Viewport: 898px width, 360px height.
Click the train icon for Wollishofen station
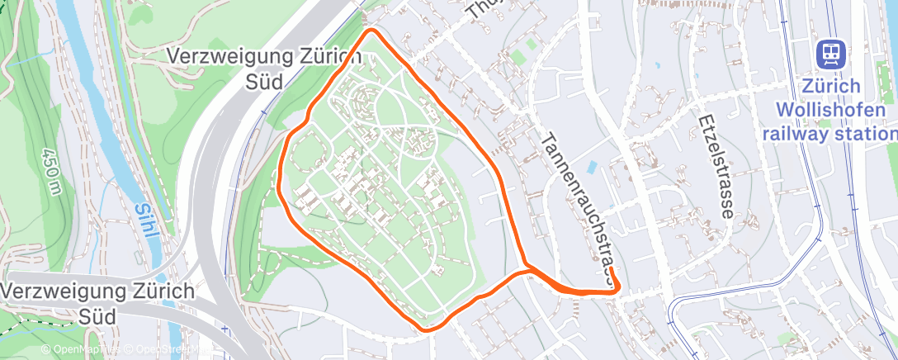click(x=830, y=54)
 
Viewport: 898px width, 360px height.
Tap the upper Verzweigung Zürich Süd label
click(x=264, y=69)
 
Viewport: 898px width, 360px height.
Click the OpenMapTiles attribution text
click(x=79, y=350)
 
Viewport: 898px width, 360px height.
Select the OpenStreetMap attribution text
click(x=165, y=350)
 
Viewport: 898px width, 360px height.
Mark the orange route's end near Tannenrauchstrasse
click(x=617, y=286)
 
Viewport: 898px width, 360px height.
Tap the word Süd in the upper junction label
click(x=264, y=81)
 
